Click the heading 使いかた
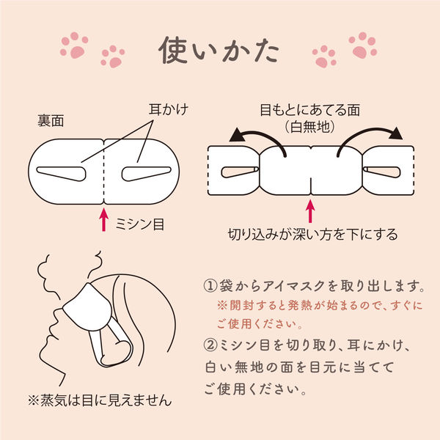(x=219, y=51)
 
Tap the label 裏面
(x=51, y=121)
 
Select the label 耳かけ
(x=169, y=109)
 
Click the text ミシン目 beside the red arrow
(x=140, y=224)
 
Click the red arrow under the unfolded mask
(x=310, y=211)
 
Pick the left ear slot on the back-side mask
(x=61, y=174)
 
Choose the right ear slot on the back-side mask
(x=146, y=174)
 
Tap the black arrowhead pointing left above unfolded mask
(x=237, y=135)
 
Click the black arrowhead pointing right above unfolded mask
(x=396, y=133)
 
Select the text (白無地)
(x=309, y=127)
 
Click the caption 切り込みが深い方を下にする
(x=312, y=235)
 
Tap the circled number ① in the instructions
(x=210, y=286)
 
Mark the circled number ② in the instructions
(x=210, y=345)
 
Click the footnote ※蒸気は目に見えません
(x=100, y=400)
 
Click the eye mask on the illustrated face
(x=87, y=308)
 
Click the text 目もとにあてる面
(x=309, y=110)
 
